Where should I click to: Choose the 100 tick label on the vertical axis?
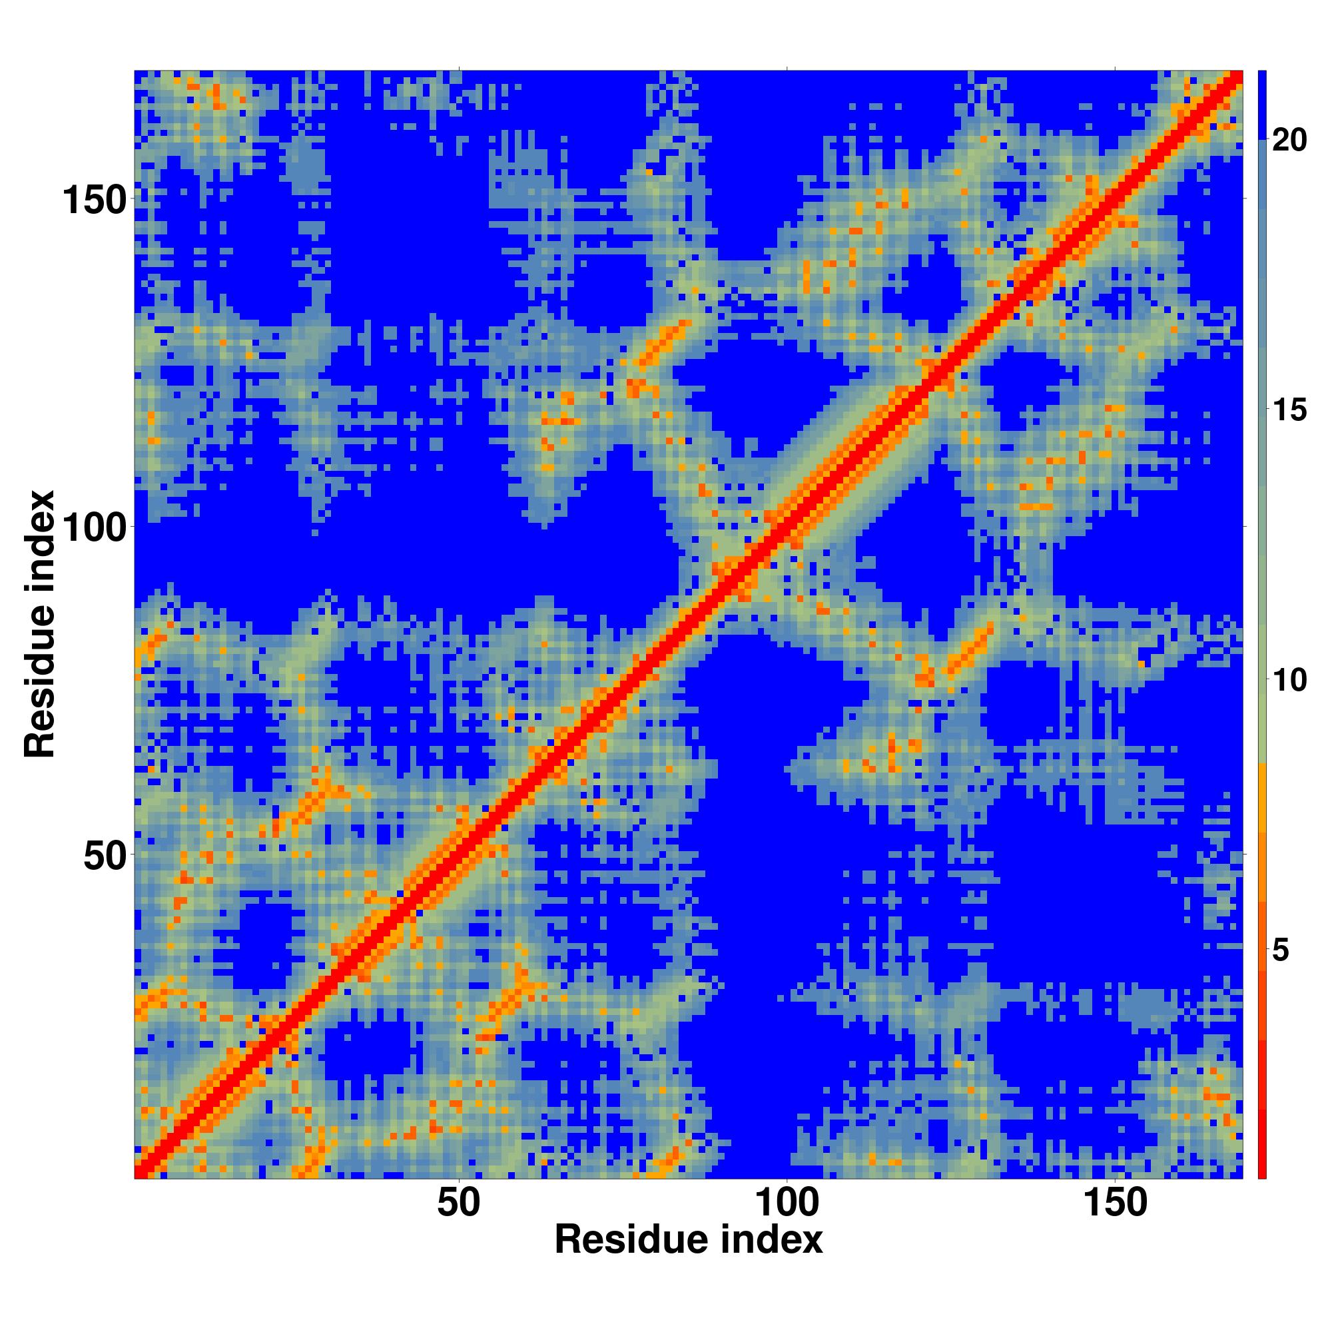tap(95, 527)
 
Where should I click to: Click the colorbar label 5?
tap(1280, 950)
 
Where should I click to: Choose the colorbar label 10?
tap(1289, 681)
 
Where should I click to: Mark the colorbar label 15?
tap(1289, 411)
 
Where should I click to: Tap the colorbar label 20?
tap(1289, 141)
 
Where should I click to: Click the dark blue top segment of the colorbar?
tap(1261, 105)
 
